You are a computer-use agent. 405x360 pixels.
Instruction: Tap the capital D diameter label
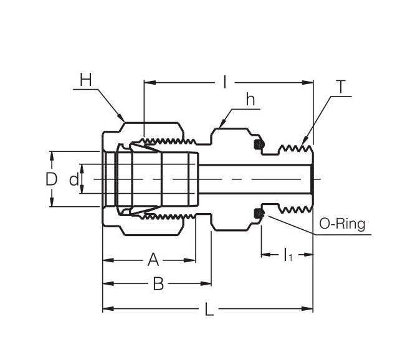pyautogui.click(x=52, y=179)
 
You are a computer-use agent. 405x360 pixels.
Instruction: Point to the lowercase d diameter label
pyautogui.click(x=74, y=179)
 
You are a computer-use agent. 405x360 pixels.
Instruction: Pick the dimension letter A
pyautogui.click(x=153, y=259)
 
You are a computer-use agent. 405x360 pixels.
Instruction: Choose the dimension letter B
pyautogui.click(x=158, y=284)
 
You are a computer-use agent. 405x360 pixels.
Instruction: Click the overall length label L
pyautogui.click(x=209, y=309)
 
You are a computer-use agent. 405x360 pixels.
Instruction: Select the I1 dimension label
pyautogui.click(x=287, y=255)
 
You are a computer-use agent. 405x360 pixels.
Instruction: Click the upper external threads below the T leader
pyautogui.click(x=293, y=149)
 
